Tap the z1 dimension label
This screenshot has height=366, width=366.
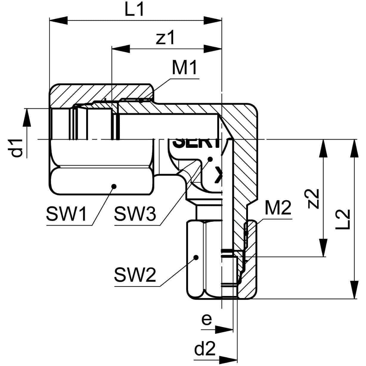pyautogui.click(x=165, y=38)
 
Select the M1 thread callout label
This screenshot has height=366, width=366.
pyautogui.click(x=184, y=68)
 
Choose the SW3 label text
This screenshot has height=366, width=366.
pyautogui.click(x=135, y=214)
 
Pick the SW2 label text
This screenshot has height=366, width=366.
pyautogui.click(x=135, y=276)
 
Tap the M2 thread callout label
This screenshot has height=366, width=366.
pyautogui.click(x=278, y=208)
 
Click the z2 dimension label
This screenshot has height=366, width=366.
pyautogui.click(x=313, y=198)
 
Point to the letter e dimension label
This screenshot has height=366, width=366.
pyautogui.click(x=206, y=320)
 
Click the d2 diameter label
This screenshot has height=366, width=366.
pyautogui.click(x=205, y=349)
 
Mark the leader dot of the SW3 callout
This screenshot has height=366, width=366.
pyautogui.click(x=210, y=159)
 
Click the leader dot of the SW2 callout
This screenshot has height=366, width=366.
pyautogui.click(x=196, y=257)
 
